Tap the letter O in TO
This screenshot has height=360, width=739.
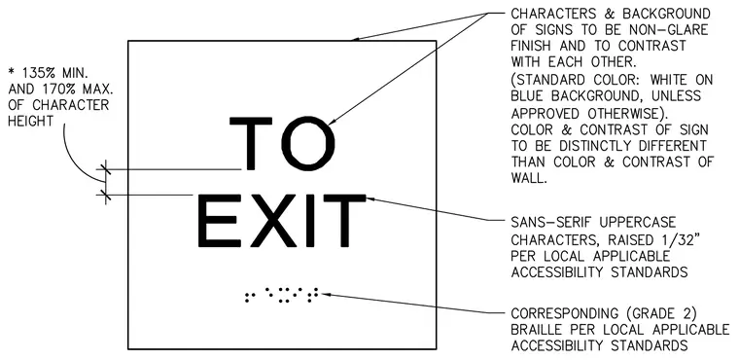point(307,143)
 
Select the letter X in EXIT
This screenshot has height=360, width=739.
point(274,221)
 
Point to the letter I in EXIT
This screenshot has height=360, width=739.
point(312,221)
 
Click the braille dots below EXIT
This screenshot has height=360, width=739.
point(281,295)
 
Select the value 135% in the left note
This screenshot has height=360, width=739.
point(35,73)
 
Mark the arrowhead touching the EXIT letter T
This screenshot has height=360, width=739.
point(371,198)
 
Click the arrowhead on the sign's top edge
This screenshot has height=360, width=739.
point(357,39)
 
